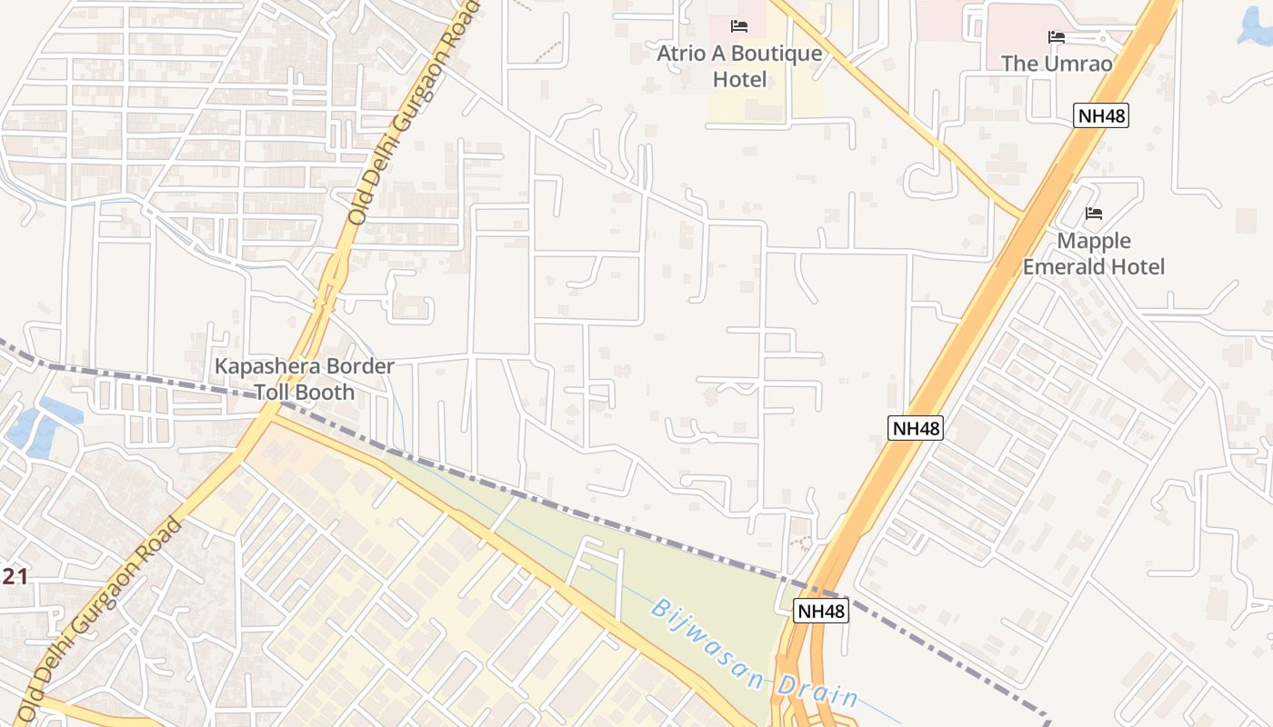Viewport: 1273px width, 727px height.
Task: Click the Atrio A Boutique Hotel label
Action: click(739, 66)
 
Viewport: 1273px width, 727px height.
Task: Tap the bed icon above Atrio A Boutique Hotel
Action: click(739, 26)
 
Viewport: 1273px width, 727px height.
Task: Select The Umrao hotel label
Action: click(1057, 64)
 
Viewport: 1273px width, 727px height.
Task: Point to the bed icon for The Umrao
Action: click(1057, 37)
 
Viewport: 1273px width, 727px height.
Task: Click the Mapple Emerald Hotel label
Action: click(1094, 254)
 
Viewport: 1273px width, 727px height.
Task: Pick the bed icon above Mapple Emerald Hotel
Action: click(1094, 214)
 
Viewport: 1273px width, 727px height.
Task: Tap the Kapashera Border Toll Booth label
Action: click(304, 379)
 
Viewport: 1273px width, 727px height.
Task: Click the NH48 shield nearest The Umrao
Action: click(1101, 115)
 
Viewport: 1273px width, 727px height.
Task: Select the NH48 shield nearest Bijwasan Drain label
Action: click(821, 611)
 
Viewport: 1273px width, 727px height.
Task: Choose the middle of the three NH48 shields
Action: click(916, 428)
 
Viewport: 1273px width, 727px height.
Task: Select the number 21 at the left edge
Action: click(15, 576)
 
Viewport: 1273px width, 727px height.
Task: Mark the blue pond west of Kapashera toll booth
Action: click(41, 427)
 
